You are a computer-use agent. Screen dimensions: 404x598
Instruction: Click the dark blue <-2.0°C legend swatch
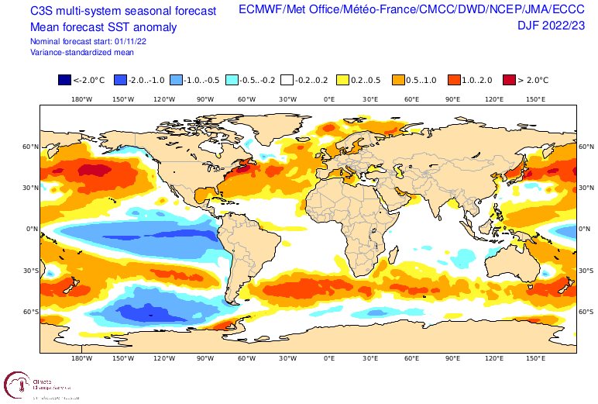coord(64,80)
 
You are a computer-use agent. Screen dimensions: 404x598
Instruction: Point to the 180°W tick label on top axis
coord(82,99)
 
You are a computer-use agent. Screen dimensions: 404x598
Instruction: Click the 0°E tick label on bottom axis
coord(329,360)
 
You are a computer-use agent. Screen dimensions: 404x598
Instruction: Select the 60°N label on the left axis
coord(29,146)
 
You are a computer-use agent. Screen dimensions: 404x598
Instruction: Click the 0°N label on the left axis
coord(32,229)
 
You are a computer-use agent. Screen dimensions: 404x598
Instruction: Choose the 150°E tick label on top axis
coord(535,99)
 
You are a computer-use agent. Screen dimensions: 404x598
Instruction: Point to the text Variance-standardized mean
coord(81,52)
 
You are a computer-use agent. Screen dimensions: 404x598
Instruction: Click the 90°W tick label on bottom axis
coord(205,360)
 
